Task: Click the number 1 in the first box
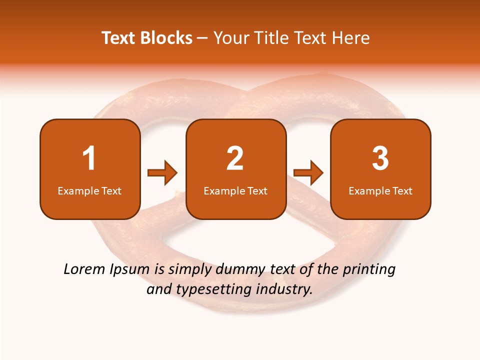pyautogui.click(x=89, y=158)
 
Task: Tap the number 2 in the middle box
pyautogui.click(x=235, y=158)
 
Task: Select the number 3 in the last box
pyautogui.click(x=380, y=158)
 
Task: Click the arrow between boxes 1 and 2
pyautogui.click(x=162, y=173)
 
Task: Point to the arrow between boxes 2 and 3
pyautogui.click(x=308, y=173)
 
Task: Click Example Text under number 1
pyautogui.click(x=89, y=190)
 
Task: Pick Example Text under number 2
pyautogui.click(x=235, y=190)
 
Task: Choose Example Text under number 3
pyautogui.click(x=380, y=190)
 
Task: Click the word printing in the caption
pyautogui.click(x=369, y=270)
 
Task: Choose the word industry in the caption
pyautogui.click(x=284, y=289)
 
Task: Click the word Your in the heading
pyautogui.click(x=230, y=38)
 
